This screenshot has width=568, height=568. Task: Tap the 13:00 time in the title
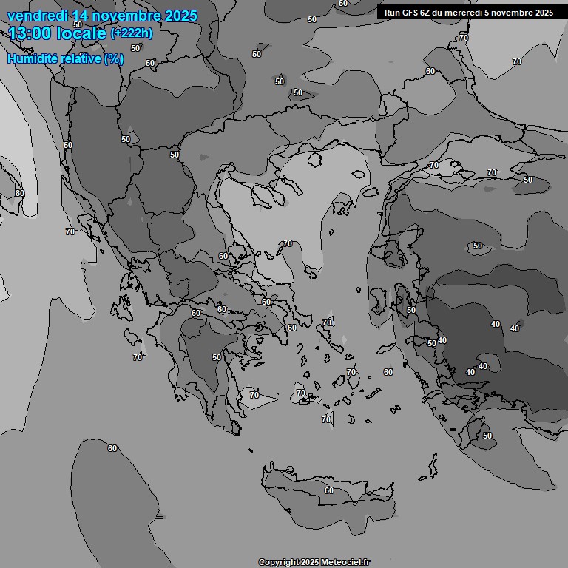33,33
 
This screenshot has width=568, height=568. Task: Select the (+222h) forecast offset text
132,33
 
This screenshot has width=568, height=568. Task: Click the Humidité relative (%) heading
65,58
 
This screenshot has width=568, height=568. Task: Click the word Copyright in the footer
279,562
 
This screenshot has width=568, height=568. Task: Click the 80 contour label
20,193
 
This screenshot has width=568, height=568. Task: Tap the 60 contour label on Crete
328,490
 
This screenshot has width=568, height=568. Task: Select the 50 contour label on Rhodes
487,436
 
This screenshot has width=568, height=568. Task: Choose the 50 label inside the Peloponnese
217,357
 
